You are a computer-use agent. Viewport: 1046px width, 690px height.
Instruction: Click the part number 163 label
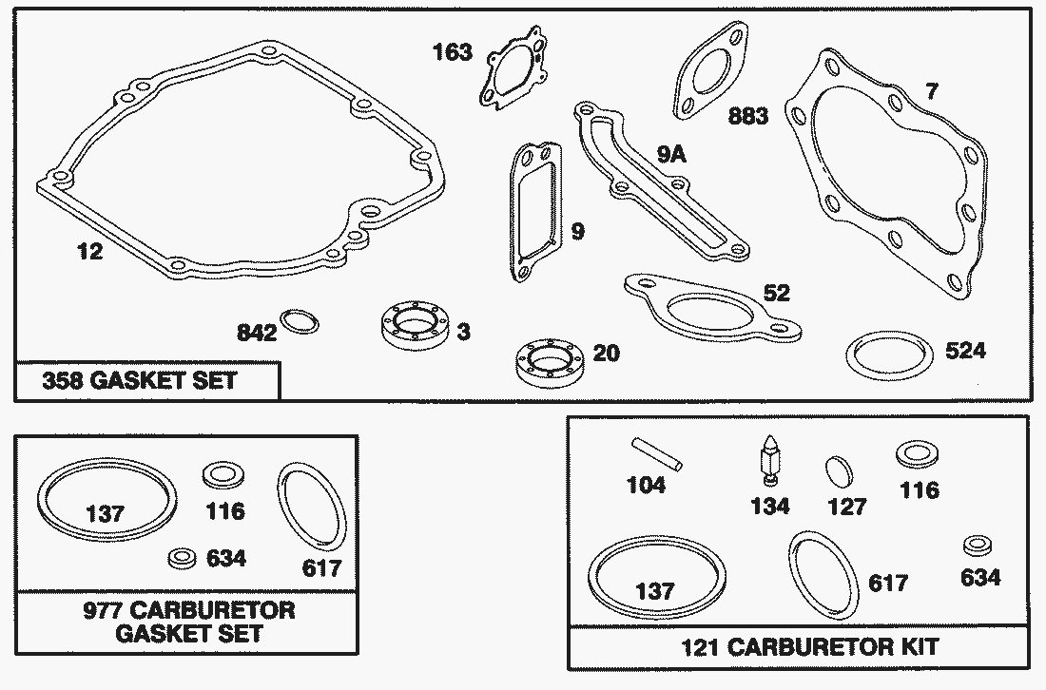point(452,52)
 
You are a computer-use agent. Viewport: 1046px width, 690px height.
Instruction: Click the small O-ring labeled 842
point(300,321)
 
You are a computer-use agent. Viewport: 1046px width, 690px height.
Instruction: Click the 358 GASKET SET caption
point(140,382)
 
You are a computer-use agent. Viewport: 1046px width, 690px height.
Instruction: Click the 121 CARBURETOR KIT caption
point(809,647)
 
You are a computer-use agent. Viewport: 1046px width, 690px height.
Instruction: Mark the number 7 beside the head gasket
point(931,92)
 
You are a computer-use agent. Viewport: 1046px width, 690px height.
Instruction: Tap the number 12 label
point(90,252)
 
